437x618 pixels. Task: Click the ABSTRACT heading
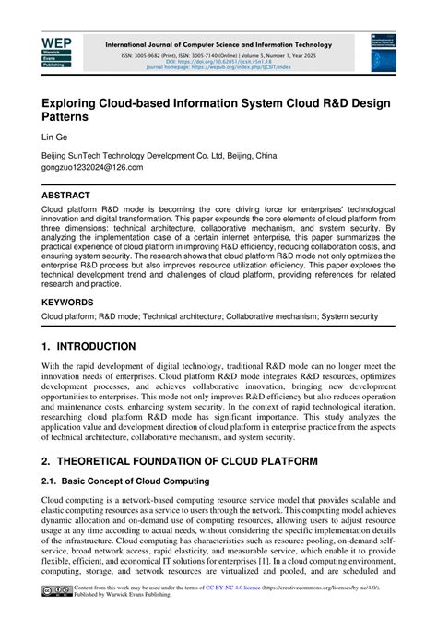click(66, 196)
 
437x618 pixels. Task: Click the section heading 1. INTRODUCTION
click(89, 347)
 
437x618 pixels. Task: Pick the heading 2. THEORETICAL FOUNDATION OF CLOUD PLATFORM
click(180, 459)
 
